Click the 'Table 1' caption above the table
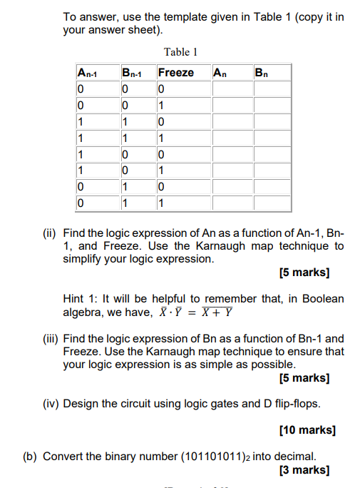[180, 51]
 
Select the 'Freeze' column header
[175, 73]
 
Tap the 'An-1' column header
[88, 73]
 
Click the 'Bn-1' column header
[133, 73]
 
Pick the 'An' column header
[220, 73]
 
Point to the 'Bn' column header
[262, 73]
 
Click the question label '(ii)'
[51, 233]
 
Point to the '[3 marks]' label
[306, 470]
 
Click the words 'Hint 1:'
[82, 299]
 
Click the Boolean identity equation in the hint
[192, 312]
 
